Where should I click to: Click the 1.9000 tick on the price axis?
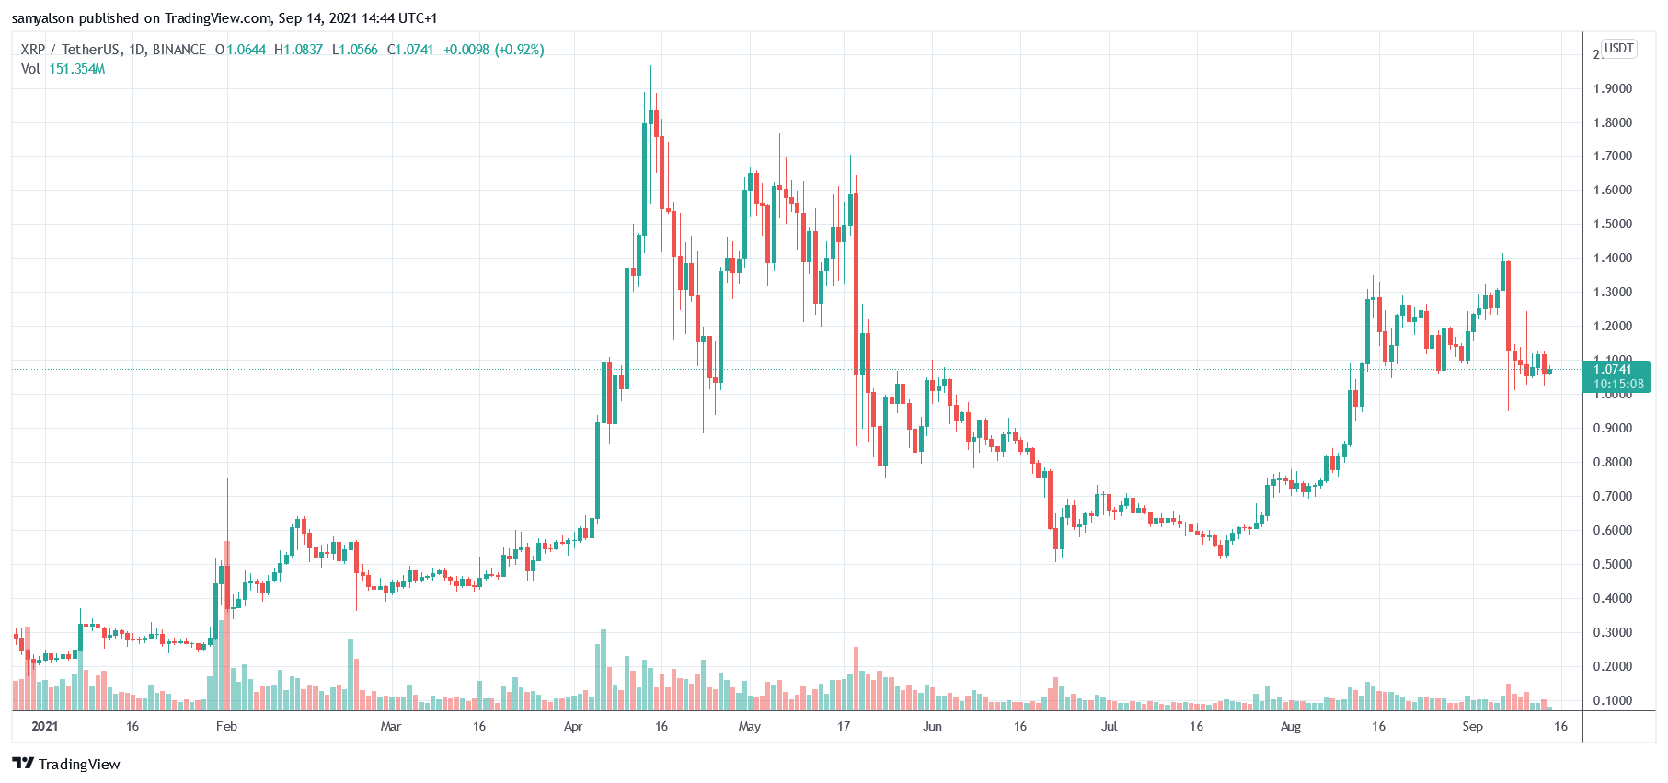click(x=1612, y=89)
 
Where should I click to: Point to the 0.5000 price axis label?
click(x=1612, y=564)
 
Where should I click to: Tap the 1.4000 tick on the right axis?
click(x=1612, y=259)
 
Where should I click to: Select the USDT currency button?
click(x=1618, y=48)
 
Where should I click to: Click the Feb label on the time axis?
click(x=226, y=727)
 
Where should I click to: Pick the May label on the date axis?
click(x=750, y=727)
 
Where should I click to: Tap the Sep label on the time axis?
click(x=1472, y=727)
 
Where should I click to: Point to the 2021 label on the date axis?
click(x=44, y=727)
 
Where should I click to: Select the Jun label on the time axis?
click(x=932, y=727)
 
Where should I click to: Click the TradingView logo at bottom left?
click(x=66, y=764)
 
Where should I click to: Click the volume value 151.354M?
click(x=76, y=69)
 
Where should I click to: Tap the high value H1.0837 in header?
click(x=298, y=50)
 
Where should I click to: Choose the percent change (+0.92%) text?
click(x=520, y=50)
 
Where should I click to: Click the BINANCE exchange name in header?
click(x=179, y=50)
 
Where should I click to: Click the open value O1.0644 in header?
click(x=240, y=50)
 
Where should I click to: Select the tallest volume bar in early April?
click(x=604, y=669)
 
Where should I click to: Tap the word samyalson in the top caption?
click(x=42, y=18)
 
